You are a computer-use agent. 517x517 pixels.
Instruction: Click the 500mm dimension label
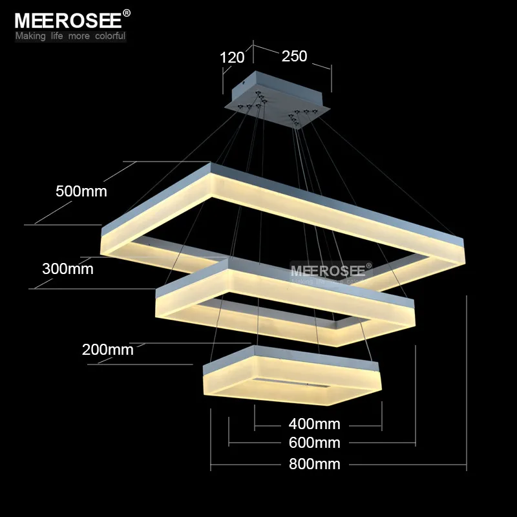[81, 191]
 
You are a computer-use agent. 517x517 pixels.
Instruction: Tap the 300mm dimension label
[68, 269]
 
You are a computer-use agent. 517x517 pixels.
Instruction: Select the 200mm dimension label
[107, 350]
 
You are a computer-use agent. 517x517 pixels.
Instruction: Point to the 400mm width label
[314, 424]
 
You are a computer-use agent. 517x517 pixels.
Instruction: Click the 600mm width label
[314, 443]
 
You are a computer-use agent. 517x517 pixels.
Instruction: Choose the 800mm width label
[314, 464]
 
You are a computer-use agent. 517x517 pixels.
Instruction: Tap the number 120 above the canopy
[232, 58]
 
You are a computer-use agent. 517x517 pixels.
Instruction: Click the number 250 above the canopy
[294, 56]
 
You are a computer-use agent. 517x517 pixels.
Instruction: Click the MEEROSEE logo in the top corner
[69, 21]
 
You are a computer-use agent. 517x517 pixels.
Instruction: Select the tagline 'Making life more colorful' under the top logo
[70, 36]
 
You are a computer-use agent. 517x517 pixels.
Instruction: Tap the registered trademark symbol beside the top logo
[127, 13]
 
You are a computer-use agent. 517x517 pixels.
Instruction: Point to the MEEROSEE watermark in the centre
[328, 271]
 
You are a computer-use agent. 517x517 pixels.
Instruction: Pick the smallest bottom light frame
[292, 376]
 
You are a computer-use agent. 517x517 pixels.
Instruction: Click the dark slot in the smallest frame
[291, 383]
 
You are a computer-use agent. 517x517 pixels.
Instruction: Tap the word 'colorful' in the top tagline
[110, 36]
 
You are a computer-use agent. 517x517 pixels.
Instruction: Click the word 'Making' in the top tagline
[30, 36]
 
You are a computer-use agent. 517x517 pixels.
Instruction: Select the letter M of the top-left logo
[23, 21]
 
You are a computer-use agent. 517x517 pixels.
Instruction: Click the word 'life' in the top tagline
[57, 36]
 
